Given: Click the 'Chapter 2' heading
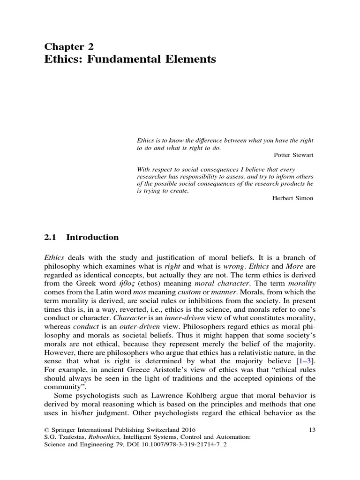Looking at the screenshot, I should coord(69,46).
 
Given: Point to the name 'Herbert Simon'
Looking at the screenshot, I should coord(292,198).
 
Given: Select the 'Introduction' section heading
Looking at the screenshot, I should coord(92,237).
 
